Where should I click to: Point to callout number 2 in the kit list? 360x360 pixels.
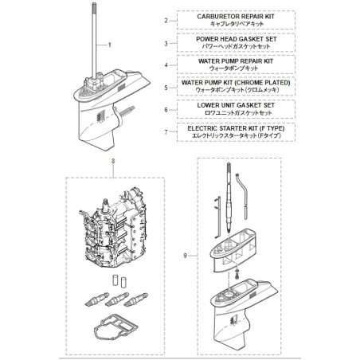point(166,20)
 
